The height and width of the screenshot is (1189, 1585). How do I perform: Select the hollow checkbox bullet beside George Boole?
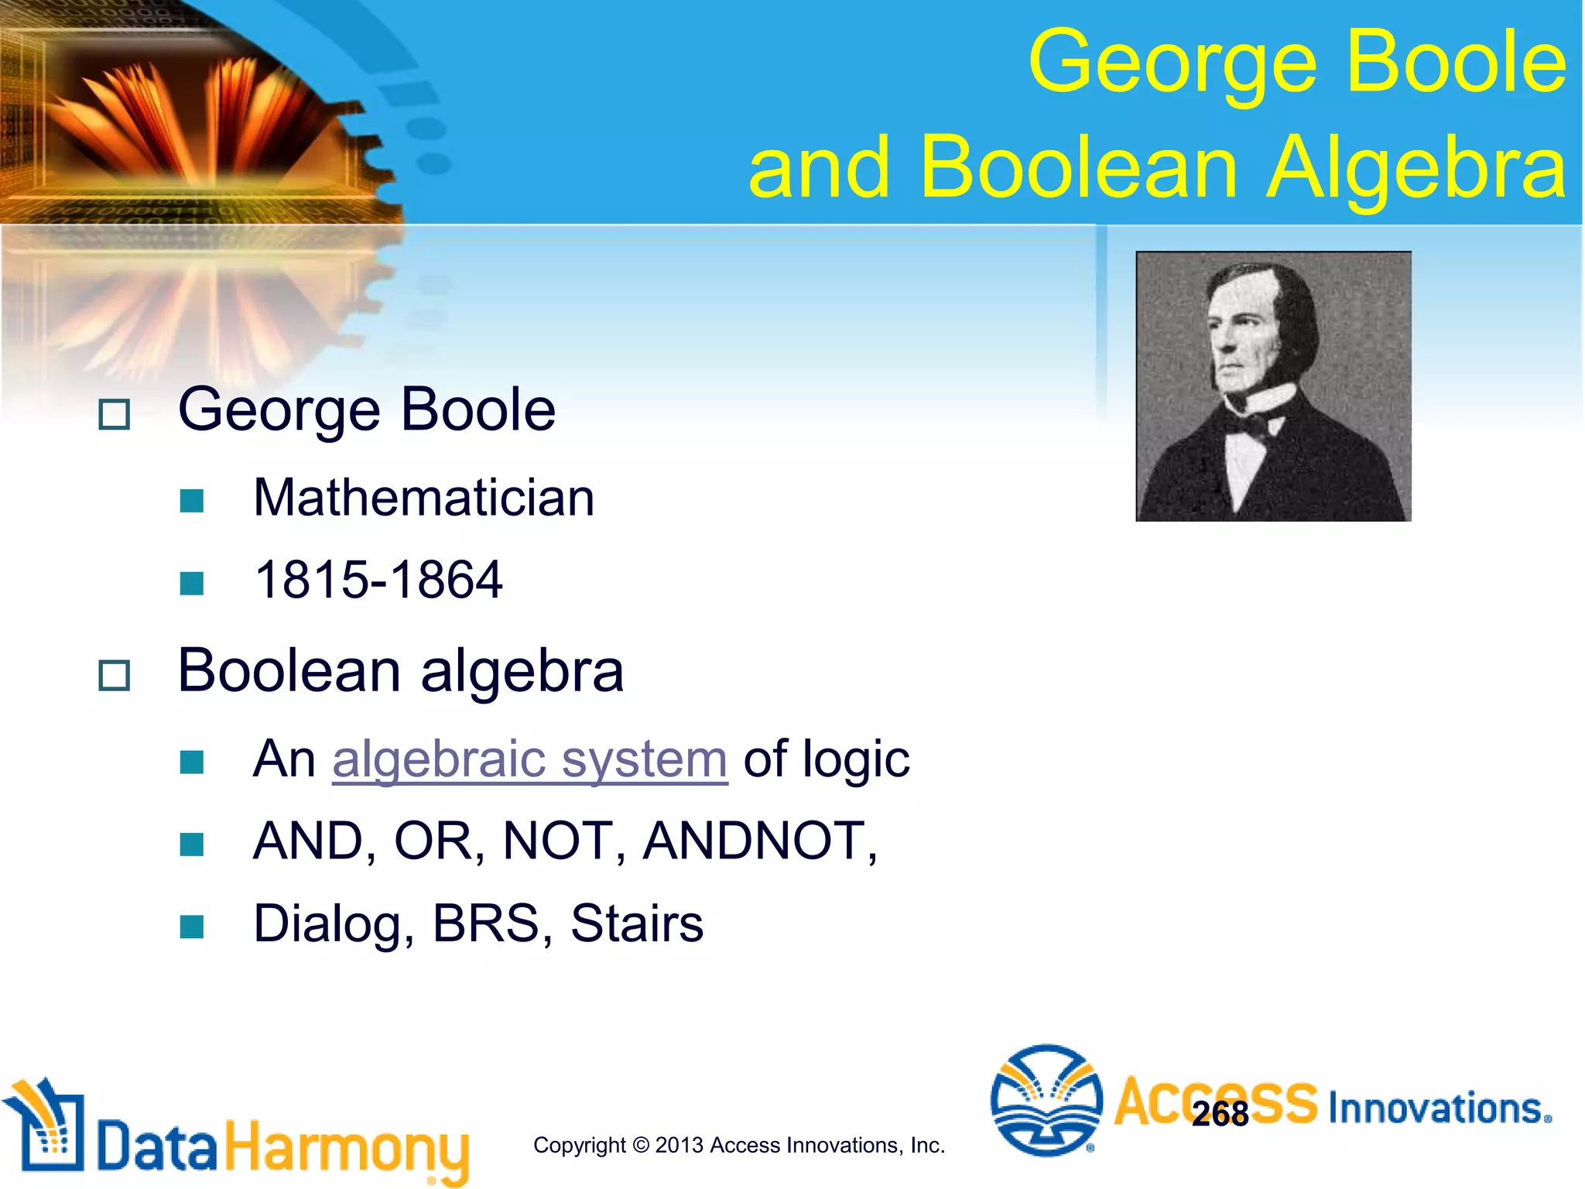click(115, 415)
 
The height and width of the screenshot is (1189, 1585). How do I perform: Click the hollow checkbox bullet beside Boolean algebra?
click(115, 676)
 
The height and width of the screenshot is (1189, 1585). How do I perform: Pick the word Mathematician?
click(423, 498)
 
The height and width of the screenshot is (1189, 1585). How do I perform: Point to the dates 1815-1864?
click(378, 580)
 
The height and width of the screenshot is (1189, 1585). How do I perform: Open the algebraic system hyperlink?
click(530, 759)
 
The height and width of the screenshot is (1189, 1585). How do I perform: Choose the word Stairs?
click(637, 923)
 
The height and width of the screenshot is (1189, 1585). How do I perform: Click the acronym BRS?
click(486, 923)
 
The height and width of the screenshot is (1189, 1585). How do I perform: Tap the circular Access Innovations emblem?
click(1046, 1100)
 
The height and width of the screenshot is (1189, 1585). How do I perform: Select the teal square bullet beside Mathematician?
click(191, 501)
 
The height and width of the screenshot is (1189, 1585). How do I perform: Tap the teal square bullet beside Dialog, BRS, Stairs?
click(191, 927)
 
